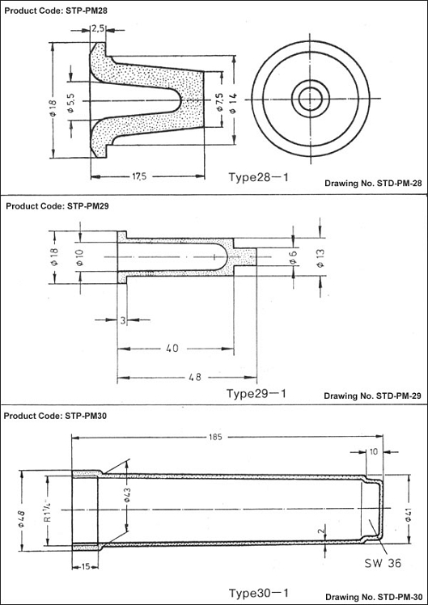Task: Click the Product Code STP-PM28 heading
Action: click(x=56, y=11)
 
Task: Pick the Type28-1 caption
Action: click(x=258, y=177)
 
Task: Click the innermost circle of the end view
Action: click(x=311, y=99)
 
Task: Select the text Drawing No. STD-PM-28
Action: click(x=373, y=184)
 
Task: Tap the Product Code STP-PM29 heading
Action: click(x=57, y=206)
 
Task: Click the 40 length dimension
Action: click(x=172, y=348)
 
